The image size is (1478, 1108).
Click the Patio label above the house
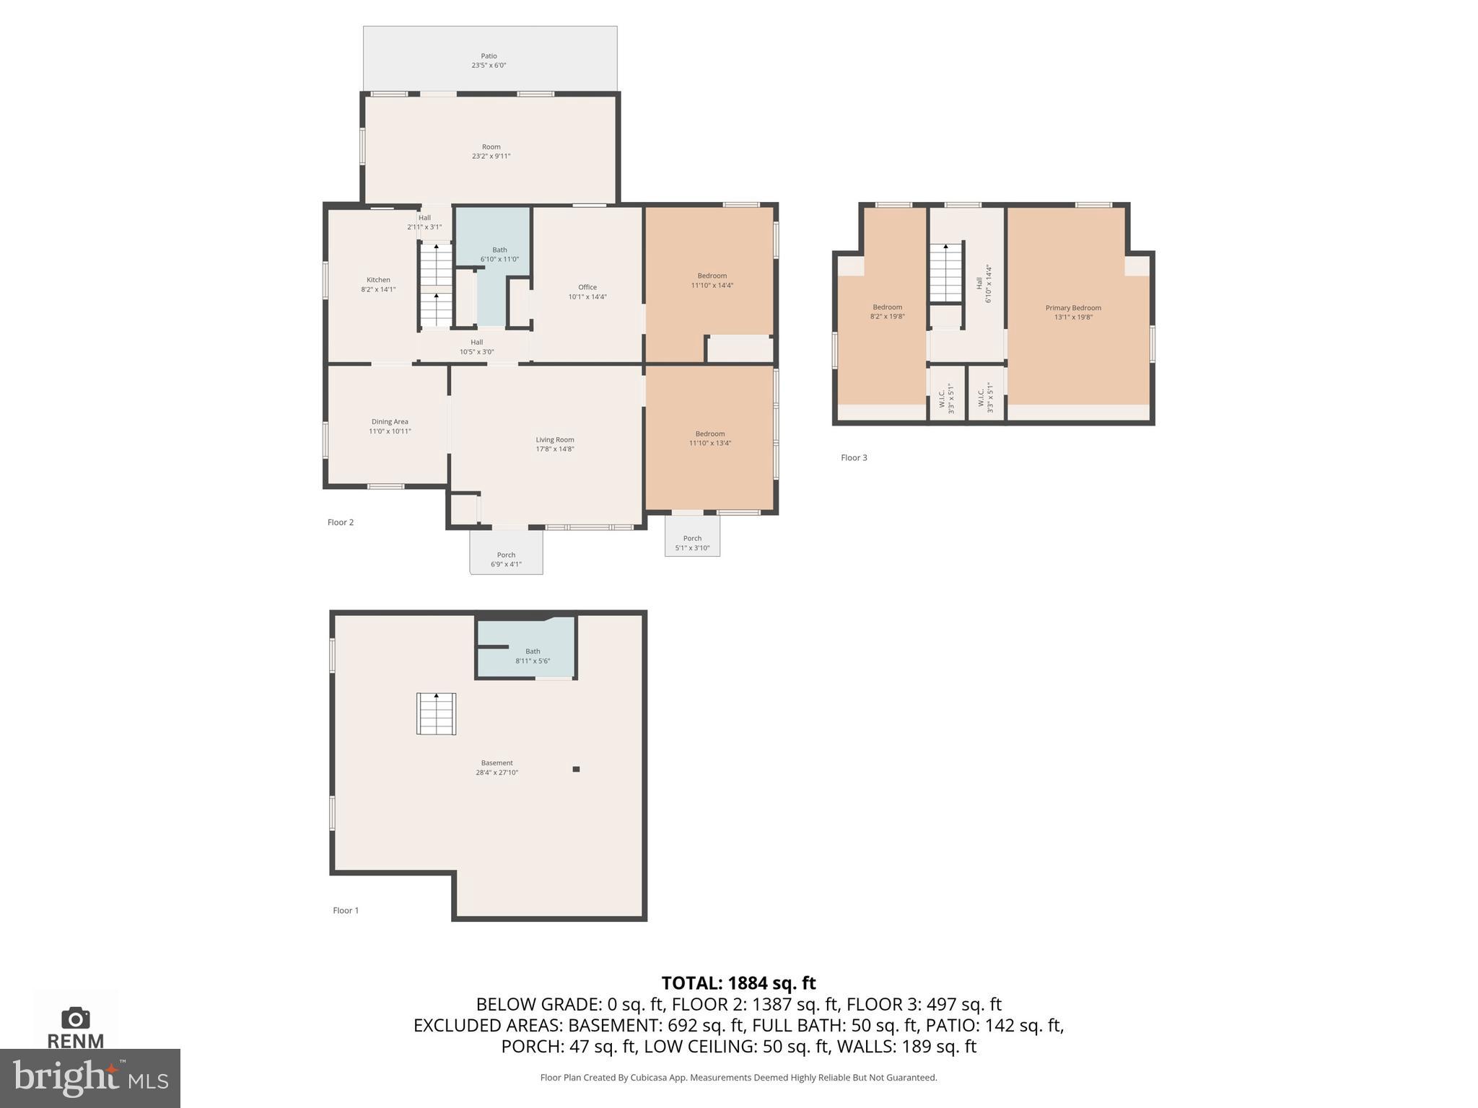(489, 61)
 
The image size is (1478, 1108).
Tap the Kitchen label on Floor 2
(378, 284)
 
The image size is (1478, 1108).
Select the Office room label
(587, 291)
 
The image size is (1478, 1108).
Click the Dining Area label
(390, 426)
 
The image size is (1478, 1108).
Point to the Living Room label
(554, 444)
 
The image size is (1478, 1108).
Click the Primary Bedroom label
(1073, 312)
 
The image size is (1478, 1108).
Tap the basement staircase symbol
(436, 713)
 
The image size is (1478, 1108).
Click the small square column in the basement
(576, 769)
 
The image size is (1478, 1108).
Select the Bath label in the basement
(533, 656)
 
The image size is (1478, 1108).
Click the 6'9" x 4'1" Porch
(506, 559)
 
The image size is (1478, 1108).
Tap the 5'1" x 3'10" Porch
(692, 542)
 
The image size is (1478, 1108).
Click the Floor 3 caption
(854, 457)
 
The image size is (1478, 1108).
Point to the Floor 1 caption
(346, 910)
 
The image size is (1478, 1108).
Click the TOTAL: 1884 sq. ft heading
(738, 983)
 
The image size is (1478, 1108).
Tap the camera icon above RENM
(76, 1018)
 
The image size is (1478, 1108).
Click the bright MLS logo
(89, 1078)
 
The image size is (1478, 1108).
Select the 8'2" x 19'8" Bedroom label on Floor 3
(887, 312)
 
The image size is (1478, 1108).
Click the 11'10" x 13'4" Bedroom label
(709, 439)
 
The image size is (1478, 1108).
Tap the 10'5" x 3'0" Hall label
(476, 347)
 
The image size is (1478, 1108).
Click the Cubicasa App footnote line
(738, 1078)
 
